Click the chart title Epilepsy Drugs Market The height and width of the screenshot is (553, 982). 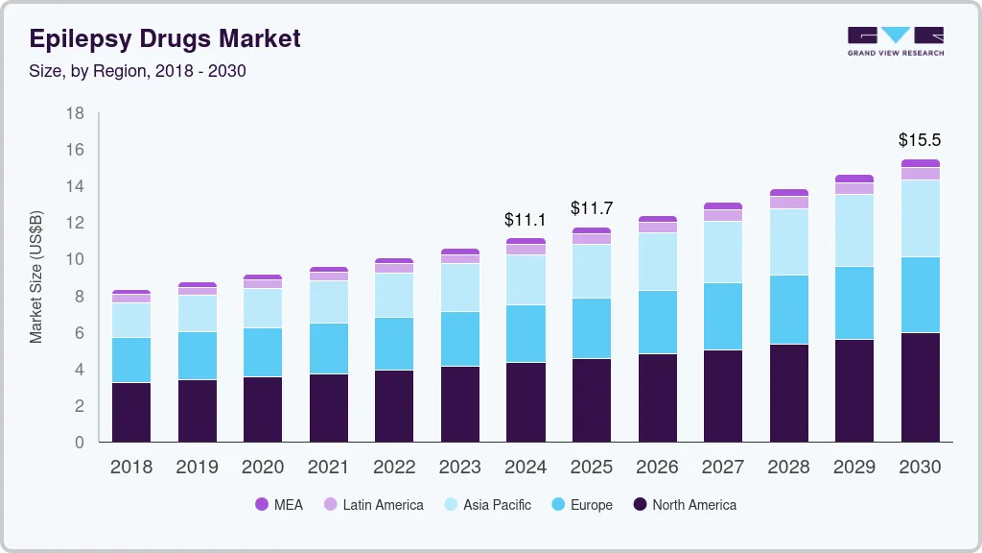tap(165, 38)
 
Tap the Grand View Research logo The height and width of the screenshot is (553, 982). tap(895, 40)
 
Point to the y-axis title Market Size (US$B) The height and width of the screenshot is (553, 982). tap(36, 276)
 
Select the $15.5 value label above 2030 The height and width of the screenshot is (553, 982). tap(920, 140)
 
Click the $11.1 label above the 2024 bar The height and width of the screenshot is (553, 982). tap(526, 220)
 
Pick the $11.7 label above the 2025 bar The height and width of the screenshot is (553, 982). tap(592, 208)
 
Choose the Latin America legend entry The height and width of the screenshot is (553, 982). tap(373, 505)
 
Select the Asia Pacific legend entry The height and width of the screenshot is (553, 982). tap(487, 505)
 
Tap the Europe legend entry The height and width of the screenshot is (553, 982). tap(581, 505)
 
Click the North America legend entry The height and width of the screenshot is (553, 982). tap(684, 505)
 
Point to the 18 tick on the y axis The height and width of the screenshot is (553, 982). tap(75, 113)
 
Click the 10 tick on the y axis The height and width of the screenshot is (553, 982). tap(75, 259)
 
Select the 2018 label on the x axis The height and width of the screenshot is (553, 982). tap(130, 468)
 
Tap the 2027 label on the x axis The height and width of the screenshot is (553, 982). tap(722, 468)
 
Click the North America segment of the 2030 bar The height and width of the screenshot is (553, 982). tap(920, 387)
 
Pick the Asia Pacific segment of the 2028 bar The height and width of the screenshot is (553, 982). tap(788, 242)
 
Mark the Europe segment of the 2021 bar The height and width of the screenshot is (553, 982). tap(328, 349)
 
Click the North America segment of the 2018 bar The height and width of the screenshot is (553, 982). tap(130, 412)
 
